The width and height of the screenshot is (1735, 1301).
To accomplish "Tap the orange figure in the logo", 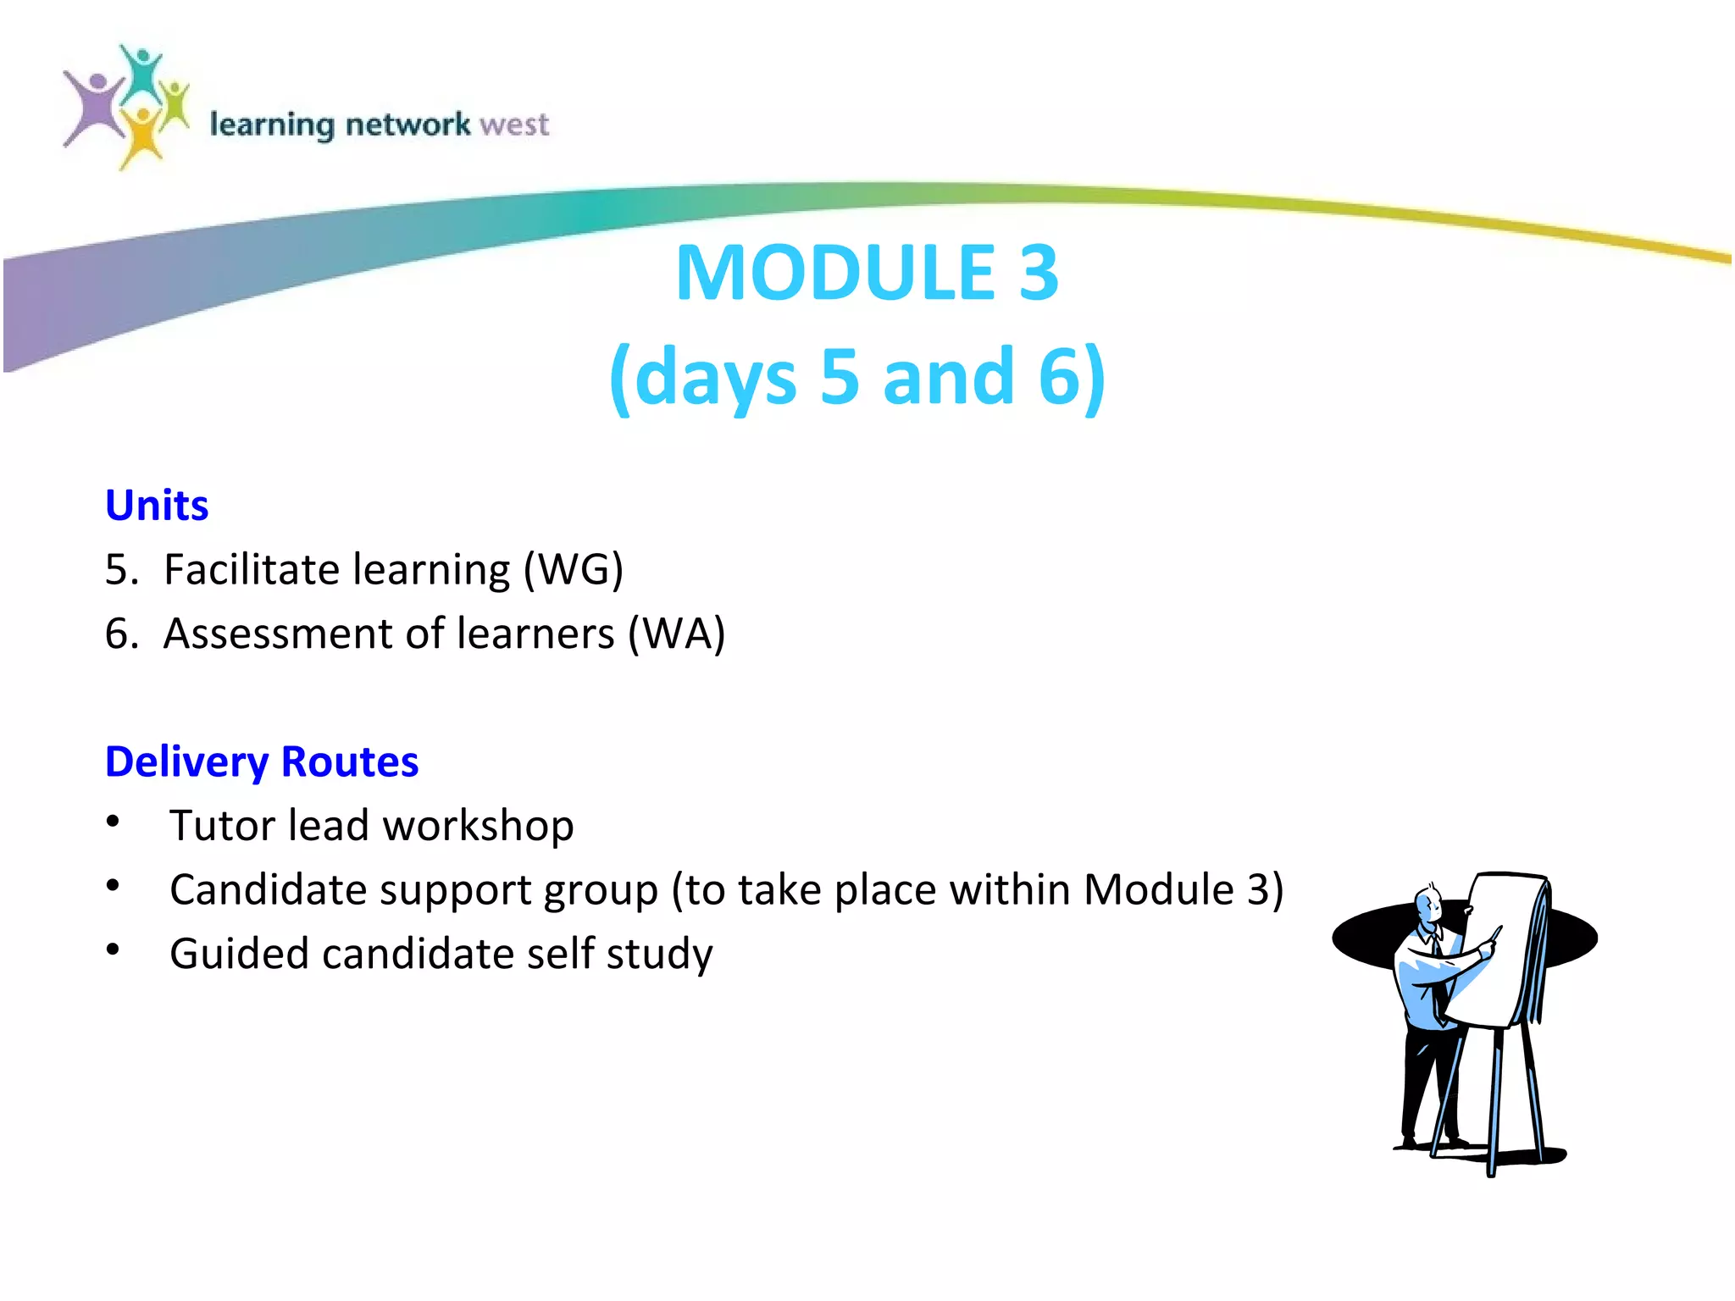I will (x=142, y=136).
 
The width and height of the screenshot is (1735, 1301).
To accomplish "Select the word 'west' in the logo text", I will (x=514, y=125).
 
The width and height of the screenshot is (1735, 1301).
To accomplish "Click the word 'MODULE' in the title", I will (x=835, y=273).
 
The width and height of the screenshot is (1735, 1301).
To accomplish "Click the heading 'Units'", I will (x=157, y=506).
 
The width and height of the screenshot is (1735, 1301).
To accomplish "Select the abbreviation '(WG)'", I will (x=573, y=569).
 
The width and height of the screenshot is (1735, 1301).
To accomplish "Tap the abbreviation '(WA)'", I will (x=676, y=634).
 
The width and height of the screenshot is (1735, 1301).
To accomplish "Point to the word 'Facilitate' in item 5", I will (x=251, y=569).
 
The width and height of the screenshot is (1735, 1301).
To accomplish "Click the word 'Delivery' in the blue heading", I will (x=187, y=761).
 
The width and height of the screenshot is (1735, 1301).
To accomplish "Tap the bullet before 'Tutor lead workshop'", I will (x=113, y=822).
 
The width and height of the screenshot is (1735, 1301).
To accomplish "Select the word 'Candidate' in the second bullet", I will (x=268, y=890).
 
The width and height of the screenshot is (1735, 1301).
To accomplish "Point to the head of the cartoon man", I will (x=1428, y=905).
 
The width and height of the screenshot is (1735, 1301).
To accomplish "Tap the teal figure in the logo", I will (x=141, y=72).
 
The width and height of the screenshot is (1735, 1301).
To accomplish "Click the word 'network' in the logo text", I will (x=407, y=125).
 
